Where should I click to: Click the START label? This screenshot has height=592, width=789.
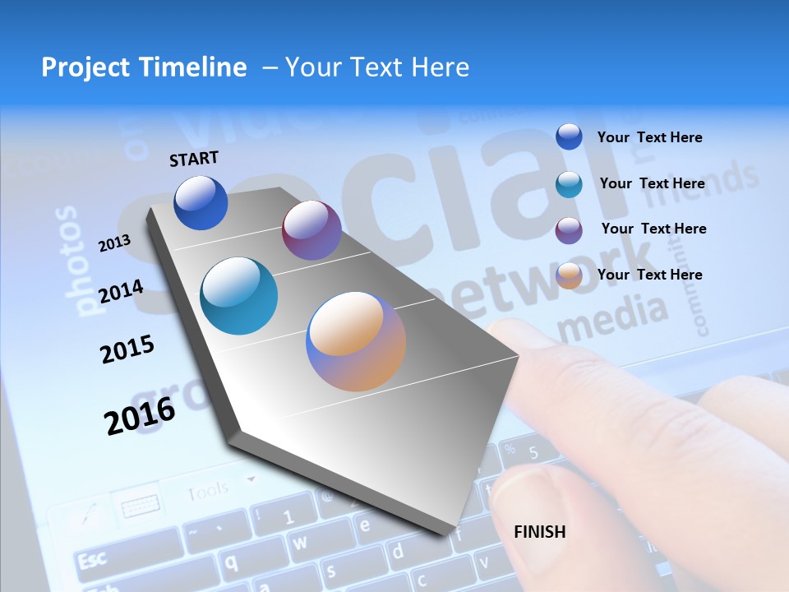pyautogui.click(x=194, y=159)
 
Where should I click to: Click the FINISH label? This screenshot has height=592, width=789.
pyautogui.click(x=539, y=532)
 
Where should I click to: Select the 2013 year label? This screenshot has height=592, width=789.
pyautogui.click(x=114, y=243)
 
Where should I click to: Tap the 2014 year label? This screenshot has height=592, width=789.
pyautogui.click(x=121, y=291)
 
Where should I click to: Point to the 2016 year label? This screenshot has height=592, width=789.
pyautogui.click(x=140, y=415)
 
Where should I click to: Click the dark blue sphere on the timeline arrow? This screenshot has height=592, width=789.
pyautogui.click(x=201, y=202)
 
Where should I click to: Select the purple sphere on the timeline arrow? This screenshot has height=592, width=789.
pyautogui.click(x=311, y=230)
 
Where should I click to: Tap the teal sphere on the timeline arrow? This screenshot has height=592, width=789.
pyautogui.click(x=239, y=296)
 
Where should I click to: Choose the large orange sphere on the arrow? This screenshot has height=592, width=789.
pyautogui.click(x=356, y=340)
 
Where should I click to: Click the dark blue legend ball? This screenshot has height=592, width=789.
pyautogui.click(x=569, y=136)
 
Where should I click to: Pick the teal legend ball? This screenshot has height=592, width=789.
pyautogui.click(x=569, y=183)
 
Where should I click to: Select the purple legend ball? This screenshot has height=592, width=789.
pyautogui.click(x=569, y=229)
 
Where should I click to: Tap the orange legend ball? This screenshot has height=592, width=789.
pyautogui.click(x=569, y=275)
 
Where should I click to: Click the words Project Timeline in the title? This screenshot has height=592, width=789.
pyautogui.click(x=144, y=67)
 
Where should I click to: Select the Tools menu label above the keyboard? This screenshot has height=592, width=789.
pyautogui.click(x=207, y=493)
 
